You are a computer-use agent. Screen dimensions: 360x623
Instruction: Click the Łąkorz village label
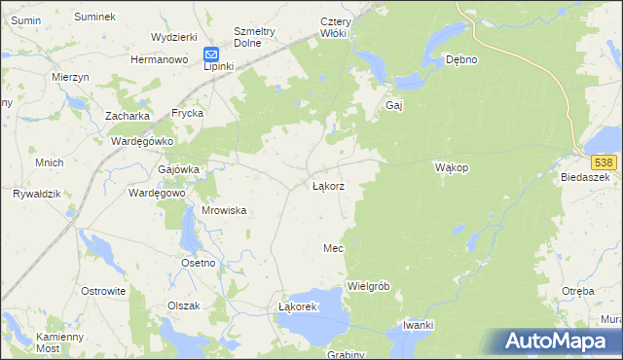coord(327,185)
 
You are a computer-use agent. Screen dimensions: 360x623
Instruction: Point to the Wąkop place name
coord(452,167)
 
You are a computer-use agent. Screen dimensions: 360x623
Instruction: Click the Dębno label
coord(460,59)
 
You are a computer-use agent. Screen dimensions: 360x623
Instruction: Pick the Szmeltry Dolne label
coord(255,36)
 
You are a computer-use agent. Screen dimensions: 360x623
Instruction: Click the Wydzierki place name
coord(174,36)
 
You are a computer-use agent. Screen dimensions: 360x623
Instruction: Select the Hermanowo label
coord(159,59)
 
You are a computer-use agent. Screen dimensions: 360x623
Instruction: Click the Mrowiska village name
coord(223,210)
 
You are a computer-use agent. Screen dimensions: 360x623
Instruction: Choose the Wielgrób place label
coord(368,286)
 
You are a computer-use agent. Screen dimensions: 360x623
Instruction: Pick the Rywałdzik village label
coord(36,194)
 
